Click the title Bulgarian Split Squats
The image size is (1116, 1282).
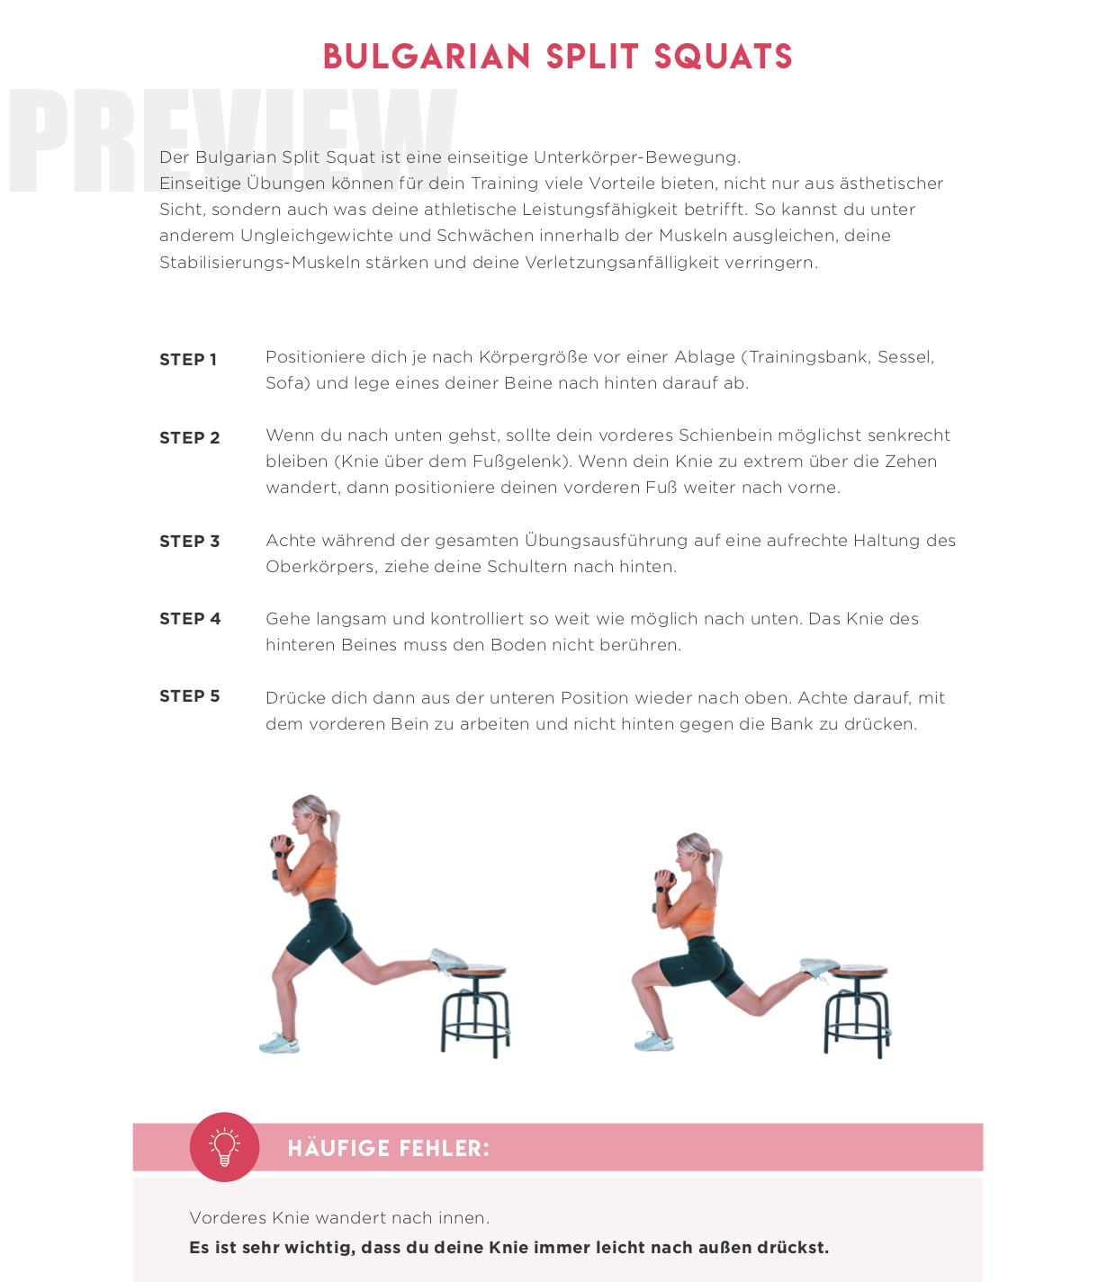pyautogui.click(x=557, y=57)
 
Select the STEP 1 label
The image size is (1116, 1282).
pyautogui.click(x=188, y=360)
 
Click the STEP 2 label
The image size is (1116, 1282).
pyautogui.click(x=190, y=438)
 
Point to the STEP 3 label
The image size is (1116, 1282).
pyautogui.click(x=190, y=542)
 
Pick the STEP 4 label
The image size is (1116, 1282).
pyautogui.click(x=190, y=619)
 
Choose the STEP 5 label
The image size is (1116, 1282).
pyautogui.click(x=190, y=696)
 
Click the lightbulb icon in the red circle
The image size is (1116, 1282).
pyautogui.click(x=224, y=1147)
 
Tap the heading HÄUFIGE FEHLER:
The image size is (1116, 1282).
pyautogui.click(x=388, y=1149)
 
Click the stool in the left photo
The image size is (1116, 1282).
pyautogui.click(x=475, y=1008)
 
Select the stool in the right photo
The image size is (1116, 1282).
pyautogui.click(x=857, y=1008)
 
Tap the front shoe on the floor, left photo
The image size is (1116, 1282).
pyautogui.click(x=280, y=1044)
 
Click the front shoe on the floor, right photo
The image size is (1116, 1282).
pyautogui.click(x=654, y=1042)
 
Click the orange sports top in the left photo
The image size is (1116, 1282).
pyautogui.click(x=319, y=874)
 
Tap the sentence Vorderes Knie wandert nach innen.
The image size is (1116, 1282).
pyautogui.click(x=339, y=1218)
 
